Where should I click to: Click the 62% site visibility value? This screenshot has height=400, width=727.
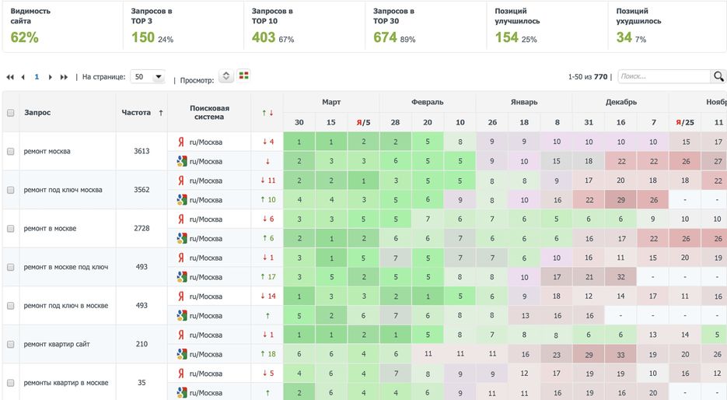tap(24, 37)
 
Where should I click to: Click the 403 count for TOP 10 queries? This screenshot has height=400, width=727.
tap(264, 37)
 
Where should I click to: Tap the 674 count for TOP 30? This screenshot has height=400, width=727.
tap(385, 37)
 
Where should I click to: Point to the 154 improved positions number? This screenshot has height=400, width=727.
tap(506, 37)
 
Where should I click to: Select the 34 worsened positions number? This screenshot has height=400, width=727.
tap(624, 37)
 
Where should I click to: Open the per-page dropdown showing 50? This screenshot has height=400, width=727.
tap(148, 77)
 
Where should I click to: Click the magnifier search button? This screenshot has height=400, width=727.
tap(718, 76)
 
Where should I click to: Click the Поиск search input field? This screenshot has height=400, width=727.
tap(663, 76)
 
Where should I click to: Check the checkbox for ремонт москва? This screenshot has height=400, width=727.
tap(11, 151)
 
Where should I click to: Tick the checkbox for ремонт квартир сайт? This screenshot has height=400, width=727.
tap(11, 344)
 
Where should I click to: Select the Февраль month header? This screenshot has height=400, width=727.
tap(427, 102)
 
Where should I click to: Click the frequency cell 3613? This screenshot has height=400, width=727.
tap(142, 151)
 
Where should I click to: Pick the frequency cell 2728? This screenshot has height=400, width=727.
tap(142, 228)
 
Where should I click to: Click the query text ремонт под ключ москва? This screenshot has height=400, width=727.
tap(63, 190)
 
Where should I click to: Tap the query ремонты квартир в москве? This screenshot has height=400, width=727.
tap(66, 383)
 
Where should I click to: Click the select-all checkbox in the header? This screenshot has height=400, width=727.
tap(11, 113)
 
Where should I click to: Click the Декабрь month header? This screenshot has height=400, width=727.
tap(620, 102)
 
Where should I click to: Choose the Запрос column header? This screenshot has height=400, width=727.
tap(37, 113)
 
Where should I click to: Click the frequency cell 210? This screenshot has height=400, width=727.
tap(142, 344)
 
